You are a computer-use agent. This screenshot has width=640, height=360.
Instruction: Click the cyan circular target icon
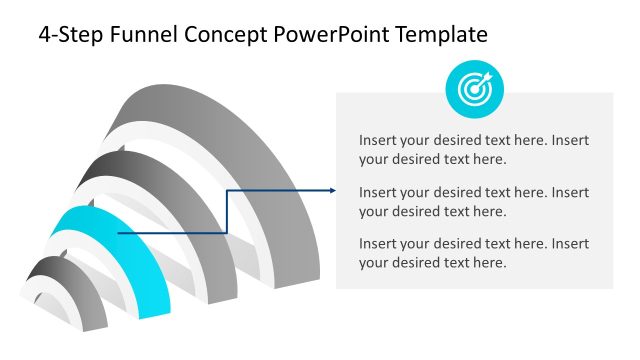click(474, 89)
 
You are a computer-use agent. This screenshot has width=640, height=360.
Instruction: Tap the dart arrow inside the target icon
click(481, 82)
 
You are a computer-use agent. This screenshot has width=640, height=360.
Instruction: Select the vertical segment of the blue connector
click(228, 211)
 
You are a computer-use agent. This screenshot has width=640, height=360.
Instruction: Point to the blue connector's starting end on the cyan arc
click(119, 233)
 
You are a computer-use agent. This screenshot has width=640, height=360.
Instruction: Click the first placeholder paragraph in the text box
click(474, 149)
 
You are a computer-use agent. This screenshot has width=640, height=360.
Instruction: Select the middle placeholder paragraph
click(474, 201)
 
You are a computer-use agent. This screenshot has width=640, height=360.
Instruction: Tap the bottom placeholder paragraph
click(474, 253)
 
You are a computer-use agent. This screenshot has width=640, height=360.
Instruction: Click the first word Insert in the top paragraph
click(378, 140)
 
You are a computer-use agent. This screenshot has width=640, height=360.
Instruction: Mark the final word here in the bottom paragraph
click(489, 263)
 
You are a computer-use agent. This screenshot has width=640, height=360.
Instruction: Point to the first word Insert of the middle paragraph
click(378, 192)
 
